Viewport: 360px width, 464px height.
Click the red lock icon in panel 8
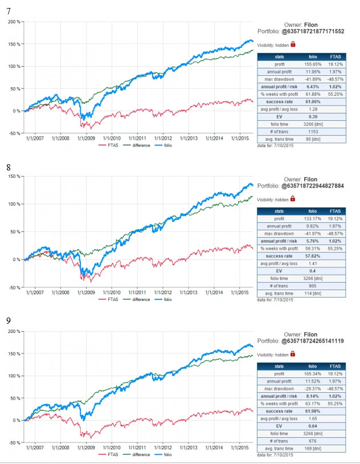[293, 199]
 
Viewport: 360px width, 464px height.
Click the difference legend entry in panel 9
[141, 455]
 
